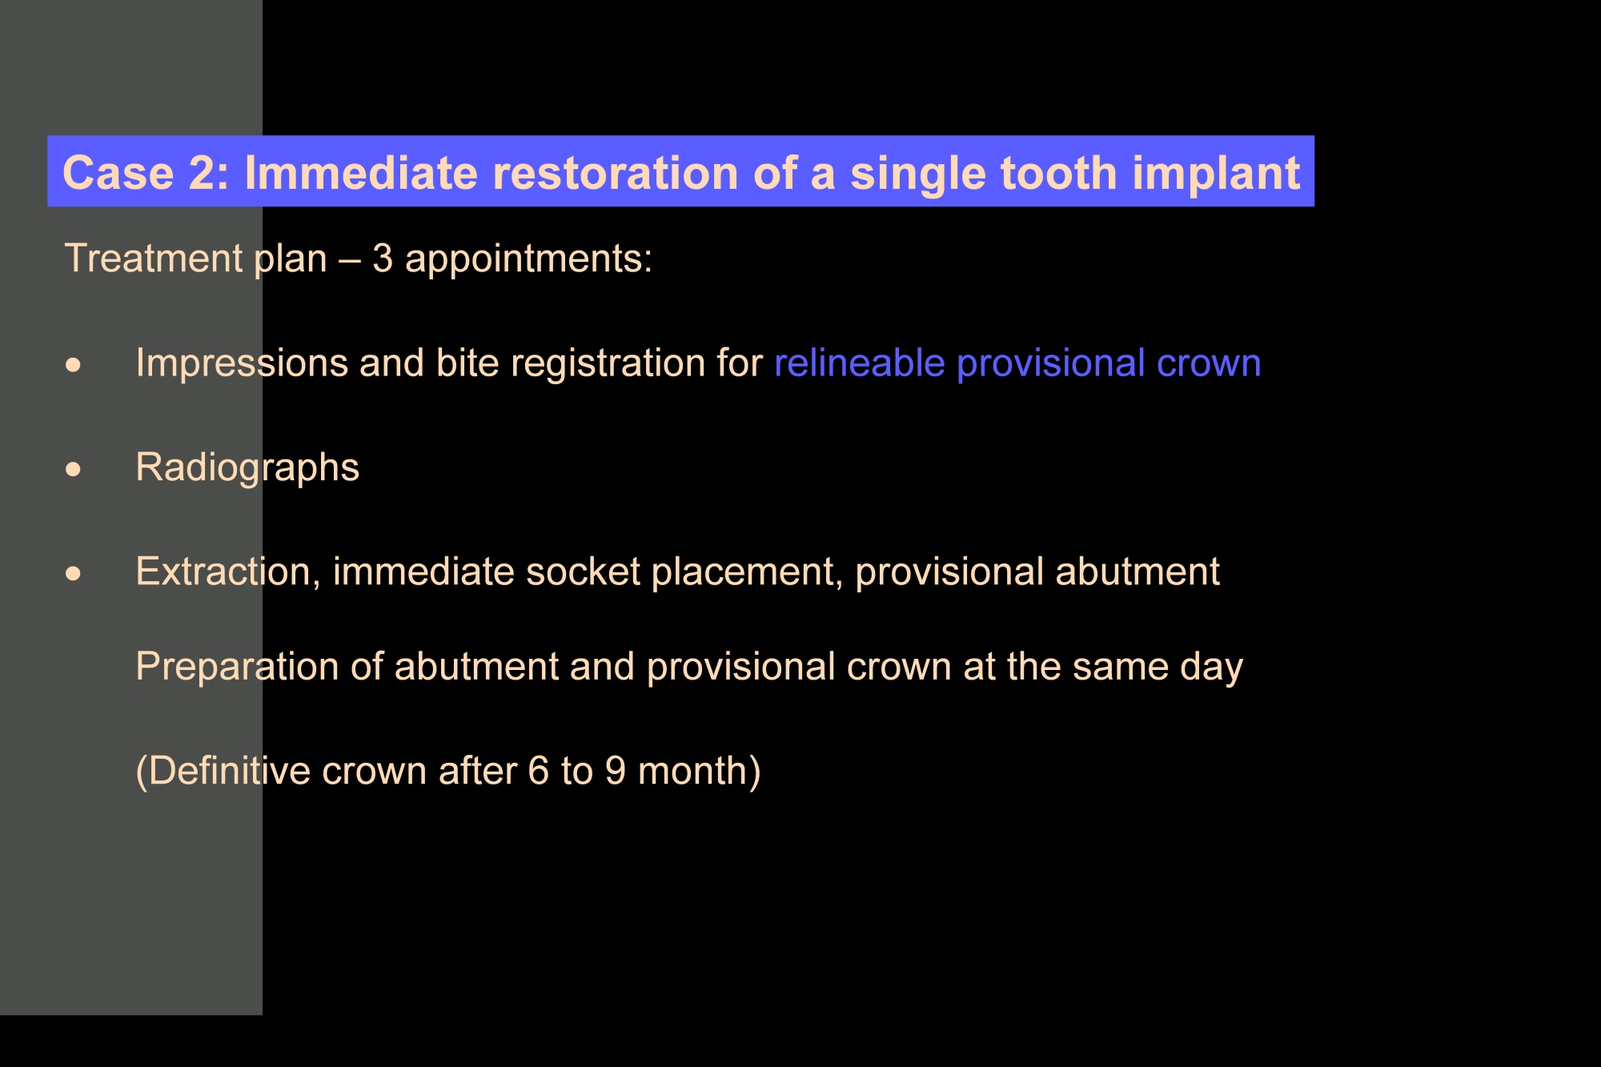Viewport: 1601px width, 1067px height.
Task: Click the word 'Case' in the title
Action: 118,173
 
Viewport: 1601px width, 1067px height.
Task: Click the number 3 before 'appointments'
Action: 383,259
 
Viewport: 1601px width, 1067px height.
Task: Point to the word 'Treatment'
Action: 154,259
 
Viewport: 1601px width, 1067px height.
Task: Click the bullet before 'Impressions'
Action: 74,365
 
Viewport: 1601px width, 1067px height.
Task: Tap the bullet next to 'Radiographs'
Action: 74,469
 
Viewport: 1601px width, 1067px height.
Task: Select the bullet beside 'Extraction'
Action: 74,573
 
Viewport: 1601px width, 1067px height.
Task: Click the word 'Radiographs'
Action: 247,467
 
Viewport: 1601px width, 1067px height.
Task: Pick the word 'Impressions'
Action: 242,363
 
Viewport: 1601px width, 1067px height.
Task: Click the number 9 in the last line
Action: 615,771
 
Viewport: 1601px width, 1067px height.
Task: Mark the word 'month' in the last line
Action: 692,771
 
